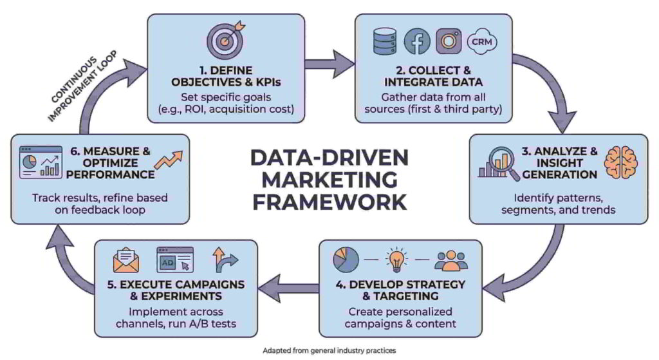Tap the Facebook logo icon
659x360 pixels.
pos(417,42)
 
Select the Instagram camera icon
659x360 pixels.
pos(449,42)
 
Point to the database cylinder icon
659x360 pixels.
pos(385,42)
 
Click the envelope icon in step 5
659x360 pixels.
pos(127,261)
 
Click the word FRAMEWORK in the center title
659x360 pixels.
pos(329,202)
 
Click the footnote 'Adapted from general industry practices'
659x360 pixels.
pos(329,351)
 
